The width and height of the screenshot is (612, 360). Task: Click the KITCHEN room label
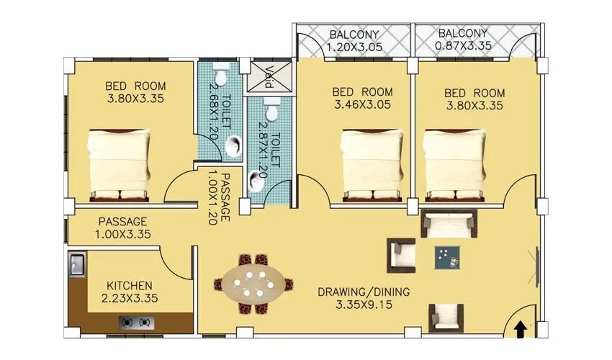point(129,285)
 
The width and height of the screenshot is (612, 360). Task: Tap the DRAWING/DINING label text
point(364,292)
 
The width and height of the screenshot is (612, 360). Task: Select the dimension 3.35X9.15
point(364,305)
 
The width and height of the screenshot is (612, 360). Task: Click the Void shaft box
point(264,76)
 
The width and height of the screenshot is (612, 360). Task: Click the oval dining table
point(253,284)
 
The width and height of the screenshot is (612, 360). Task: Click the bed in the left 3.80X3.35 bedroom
point(120,163)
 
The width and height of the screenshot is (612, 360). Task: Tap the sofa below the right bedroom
point(449,224)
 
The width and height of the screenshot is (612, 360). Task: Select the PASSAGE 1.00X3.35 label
point(123,228)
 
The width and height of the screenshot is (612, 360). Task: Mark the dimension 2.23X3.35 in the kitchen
point(129,298)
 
